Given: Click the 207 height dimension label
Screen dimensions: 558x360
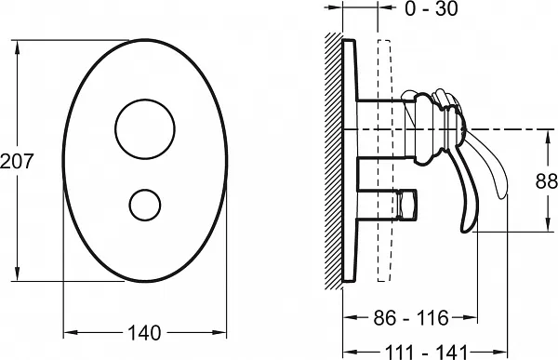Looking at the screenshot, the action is click(x=17, y=161).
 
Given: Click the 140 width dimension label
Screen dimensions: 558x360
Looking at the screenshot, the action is click(x=144, y=333).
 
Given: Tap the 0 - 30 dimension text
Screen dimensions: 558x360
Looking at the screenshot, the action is click(x=432, y=8).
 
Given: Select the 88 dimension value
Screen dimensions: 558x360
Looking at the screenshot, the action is click(x=546, y=181).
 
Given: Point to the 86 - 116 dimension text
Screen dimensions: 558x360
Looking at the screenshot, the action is click(x=411, y=317).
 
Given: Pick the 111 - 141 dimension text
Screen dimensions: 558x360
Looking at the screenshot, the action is click(x=426, y=353).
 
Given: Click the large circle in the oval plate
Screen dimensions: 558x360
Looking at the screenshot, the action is click(x=145, y=129).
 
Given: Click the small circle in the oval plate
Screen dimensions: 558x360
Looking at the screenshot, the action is click(x=145, y=205).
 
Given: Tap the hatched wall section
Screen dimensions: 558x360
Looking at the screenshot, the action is click(x=334, y=161).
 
